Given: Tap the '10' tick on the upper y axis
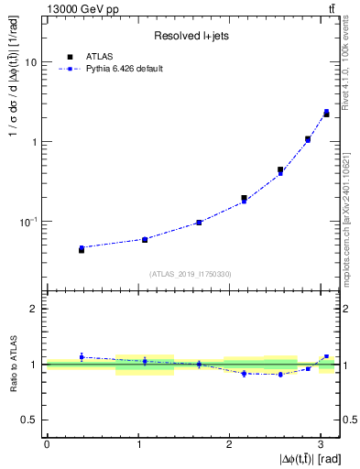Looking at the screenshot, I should [x=30, y=62].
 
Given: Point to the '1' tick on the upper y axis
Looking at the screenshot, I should [x=35, y=142].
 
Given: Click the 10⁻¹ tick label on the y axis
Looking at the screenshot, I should [x=28, y=222].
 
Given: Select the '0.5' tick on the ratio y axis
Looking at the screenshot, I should [x=30, y=420].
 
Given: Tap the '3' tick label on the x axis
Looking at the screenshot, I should [x=322, y=443].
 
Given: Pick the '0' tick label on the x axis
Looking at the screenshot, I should [x=47, y=443].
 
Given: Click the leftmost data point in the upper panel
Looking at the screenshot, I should [x=82, y=248].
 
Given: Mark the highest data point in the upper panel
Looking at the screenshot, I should [x=326, y=114].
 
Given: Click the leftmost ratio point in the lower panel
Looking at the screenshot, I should [x=82, y=357].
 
